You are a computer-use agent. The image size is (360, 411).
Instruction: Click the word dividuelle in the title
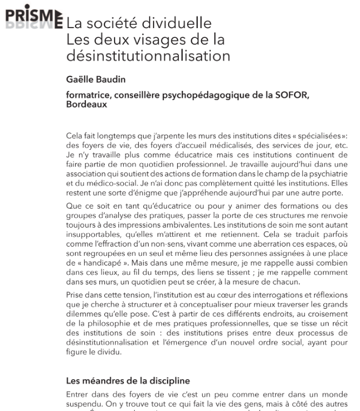(181, 24)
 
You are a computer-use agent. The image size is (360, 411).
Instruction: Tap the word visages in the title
(154, 39)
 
